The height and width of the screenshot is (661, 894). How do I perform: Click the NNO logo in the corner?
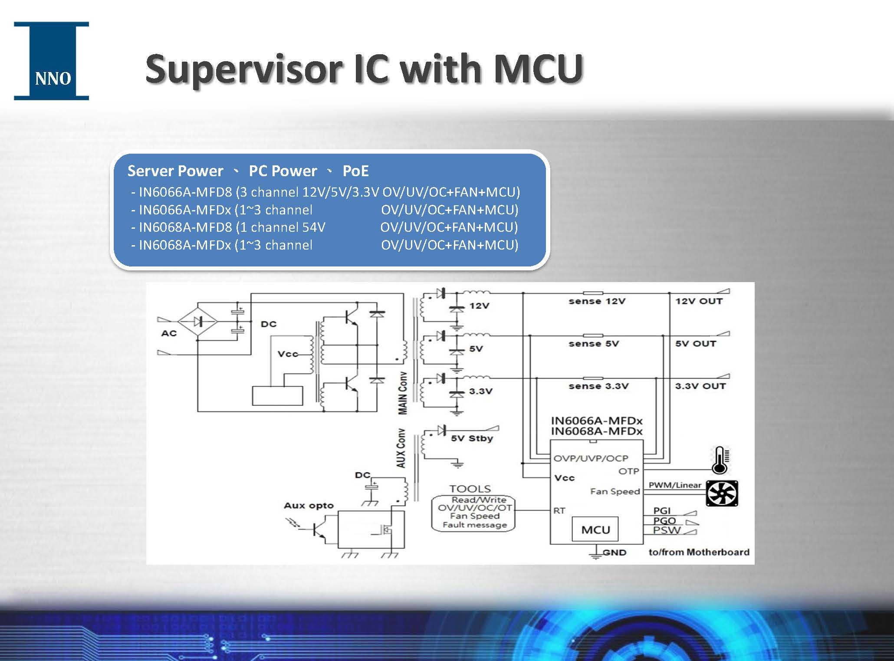tap(51, 61)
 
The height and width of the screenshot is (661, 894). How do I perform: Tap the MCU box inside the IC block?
tap(595, 529)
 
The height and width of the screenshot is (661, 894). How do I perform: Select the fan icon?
tap(722, 493)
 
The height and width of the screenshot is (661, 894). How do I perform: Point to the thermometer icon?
tap(720, 460)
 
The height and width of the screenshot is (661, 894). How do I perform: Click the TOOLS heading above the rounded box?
tap(470, 489)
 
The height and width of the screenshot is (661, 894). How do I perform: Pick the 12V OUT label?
tap(699, 301)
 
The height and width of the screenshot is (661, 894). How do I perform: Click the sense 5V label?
tap(594, 344)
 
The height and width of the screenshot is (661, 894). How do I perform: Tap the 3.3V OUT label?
tap(700, 386)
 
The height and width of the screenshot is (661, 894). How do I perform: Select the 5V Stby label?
tap(472, 438)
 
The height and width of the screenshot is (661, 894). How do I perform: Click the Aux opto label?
tap(309, 506)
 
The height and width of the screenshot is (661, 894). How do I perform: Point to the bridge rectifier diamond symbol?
tap(198, 322)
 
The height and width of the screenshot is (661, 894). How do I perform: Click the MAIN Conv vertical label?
tap(403, 393)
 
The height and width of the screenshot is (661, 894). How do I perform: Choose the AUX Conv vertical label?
tap(401, 448)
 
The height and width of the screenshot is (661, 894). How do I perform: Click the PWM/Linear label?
tap(675, 485)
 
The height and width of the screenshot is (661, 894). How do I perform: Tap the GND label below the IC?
tap(615, 552)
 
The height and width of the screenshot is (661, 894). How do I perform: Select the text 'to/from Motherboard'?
tap(699, 552)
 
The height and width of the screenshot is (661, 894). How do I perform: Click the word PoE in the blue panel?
tap(355, 171)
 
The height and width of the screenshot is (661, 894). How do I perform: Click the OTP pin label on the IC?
tap(628, 471)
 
